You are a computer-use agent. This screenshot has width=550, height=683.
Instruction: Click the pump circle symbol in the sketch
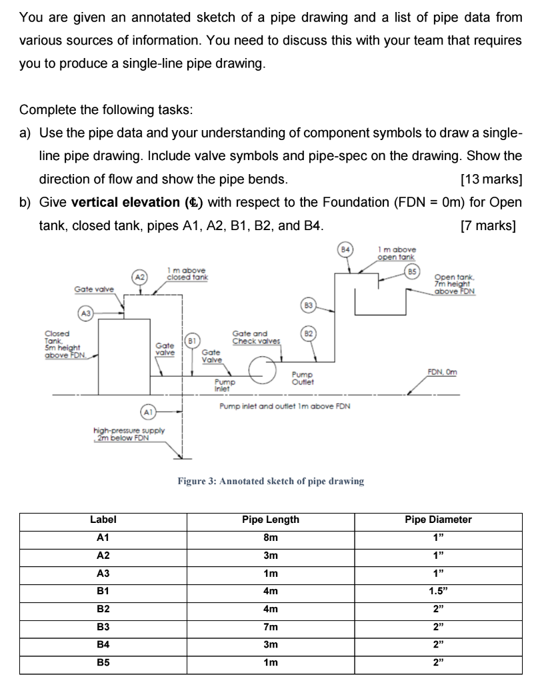click(x=262, y=369)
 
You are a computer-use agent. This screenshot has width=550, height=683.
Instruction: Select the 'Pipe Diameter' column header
click(x=438, y=519)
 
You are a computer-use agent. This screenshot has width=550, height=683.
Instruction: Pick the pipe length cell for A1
click(x=270, y=537)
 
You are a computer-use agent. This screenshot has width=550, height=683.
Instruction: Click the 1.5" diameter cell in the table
click(x=438, y=589)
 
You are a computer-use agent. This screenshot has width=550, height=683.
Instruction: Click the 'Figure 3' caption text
click(x=271, y=481)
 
